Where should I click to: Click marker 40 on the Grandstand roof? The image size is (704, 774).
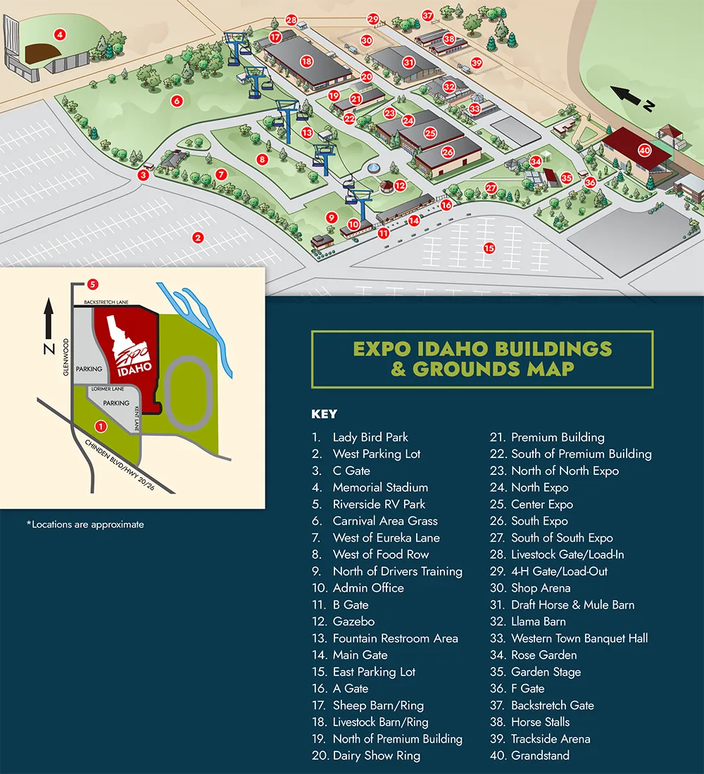click(x=644, y=150)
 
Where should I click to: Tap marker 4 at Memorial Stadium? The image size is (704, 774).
click(x=61, y=34)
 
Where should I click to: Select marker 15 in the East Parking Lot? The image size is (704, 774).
click(x=489, y=248)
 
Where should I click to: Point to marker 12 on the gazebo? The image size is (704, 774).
click(x=400, y=186)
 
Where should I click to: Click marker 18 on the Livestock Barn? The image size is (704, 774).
click(x=306, y=61)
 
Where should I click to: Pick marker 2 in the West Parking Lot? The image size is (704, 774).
click(x=199, y=238)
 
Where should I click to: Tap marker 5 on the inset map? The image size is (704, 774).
click(x=92, y=284)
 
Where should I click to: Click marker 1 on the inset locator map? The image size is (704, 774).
click(x=101, y=426)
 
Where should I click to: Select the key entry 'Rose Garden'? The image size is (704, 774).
click(x=543, y=655)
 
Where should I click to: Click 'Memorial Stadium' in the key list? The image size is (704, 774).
click(x=380, y=488)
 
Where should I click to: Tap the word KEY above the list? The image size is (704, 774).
click(x=324, y=414)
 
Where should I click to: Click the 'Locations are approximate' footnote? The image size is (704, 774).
click(x=85, y=524)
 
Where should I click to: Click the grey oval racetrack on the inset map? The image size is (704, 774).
click(x=188, y=392)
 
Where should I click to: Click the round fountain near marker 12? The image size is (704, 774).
click(x=374, y=168)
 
